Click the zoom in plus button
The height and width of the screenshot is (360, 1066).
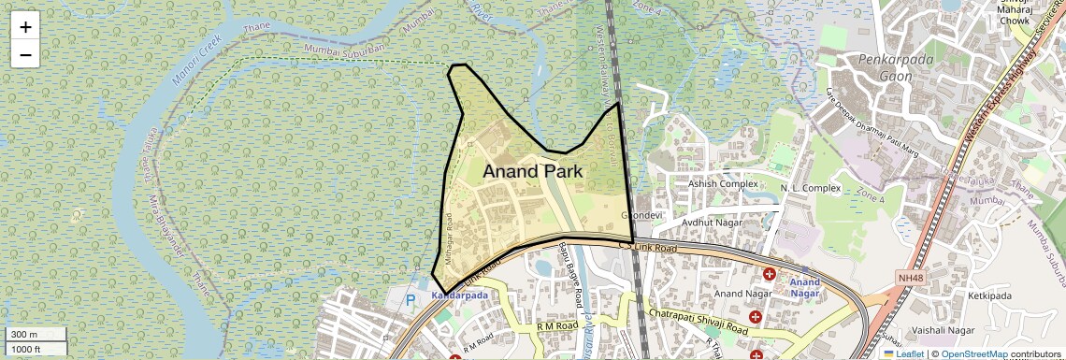tap(25, 27)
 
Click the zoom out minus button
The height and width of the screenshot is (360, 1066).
tap(25, 54)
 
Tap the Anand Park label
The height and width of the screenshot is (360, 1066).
tap(532, 172)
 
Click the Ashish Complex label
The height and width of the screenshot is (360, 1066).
tap(723, 184)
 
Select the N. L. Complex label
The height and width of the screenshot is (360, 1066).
tap(811, 188)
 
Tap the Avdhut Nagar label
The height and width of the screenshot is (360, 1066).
tap(712, 223)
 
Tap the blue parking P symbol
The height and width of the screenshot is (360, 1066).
tap(410, 300)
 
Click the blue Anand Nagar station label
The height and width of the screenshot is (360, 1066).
tap(804, 287)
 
